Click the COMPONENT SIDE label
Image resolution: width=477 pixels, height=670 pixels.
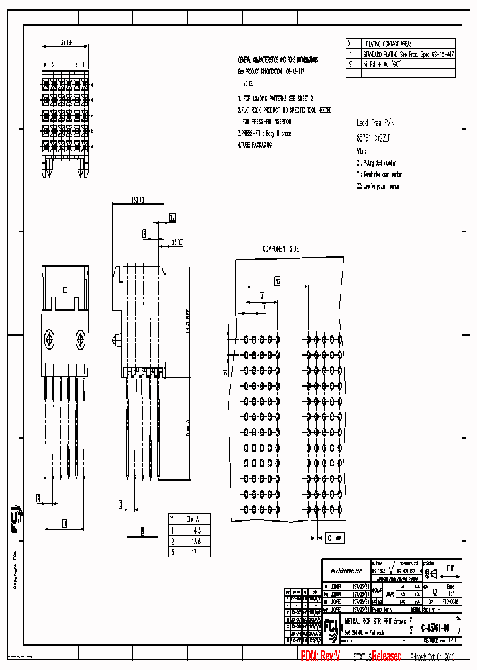tap(281, 248)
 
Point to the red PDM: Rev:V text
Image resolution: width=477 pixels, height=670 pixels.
tap(321, 655)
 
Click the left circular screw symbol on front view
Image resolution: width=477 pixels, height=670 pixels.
tap(50, 340)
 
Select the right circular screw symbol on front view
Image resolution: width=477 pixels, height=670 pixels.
tap(80, 340)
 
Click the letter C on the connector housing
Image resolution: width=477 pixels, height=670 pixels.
tap(64, 290)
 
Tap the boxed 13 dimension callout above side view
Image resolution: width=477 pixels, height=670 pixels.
tap(172, 217)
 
